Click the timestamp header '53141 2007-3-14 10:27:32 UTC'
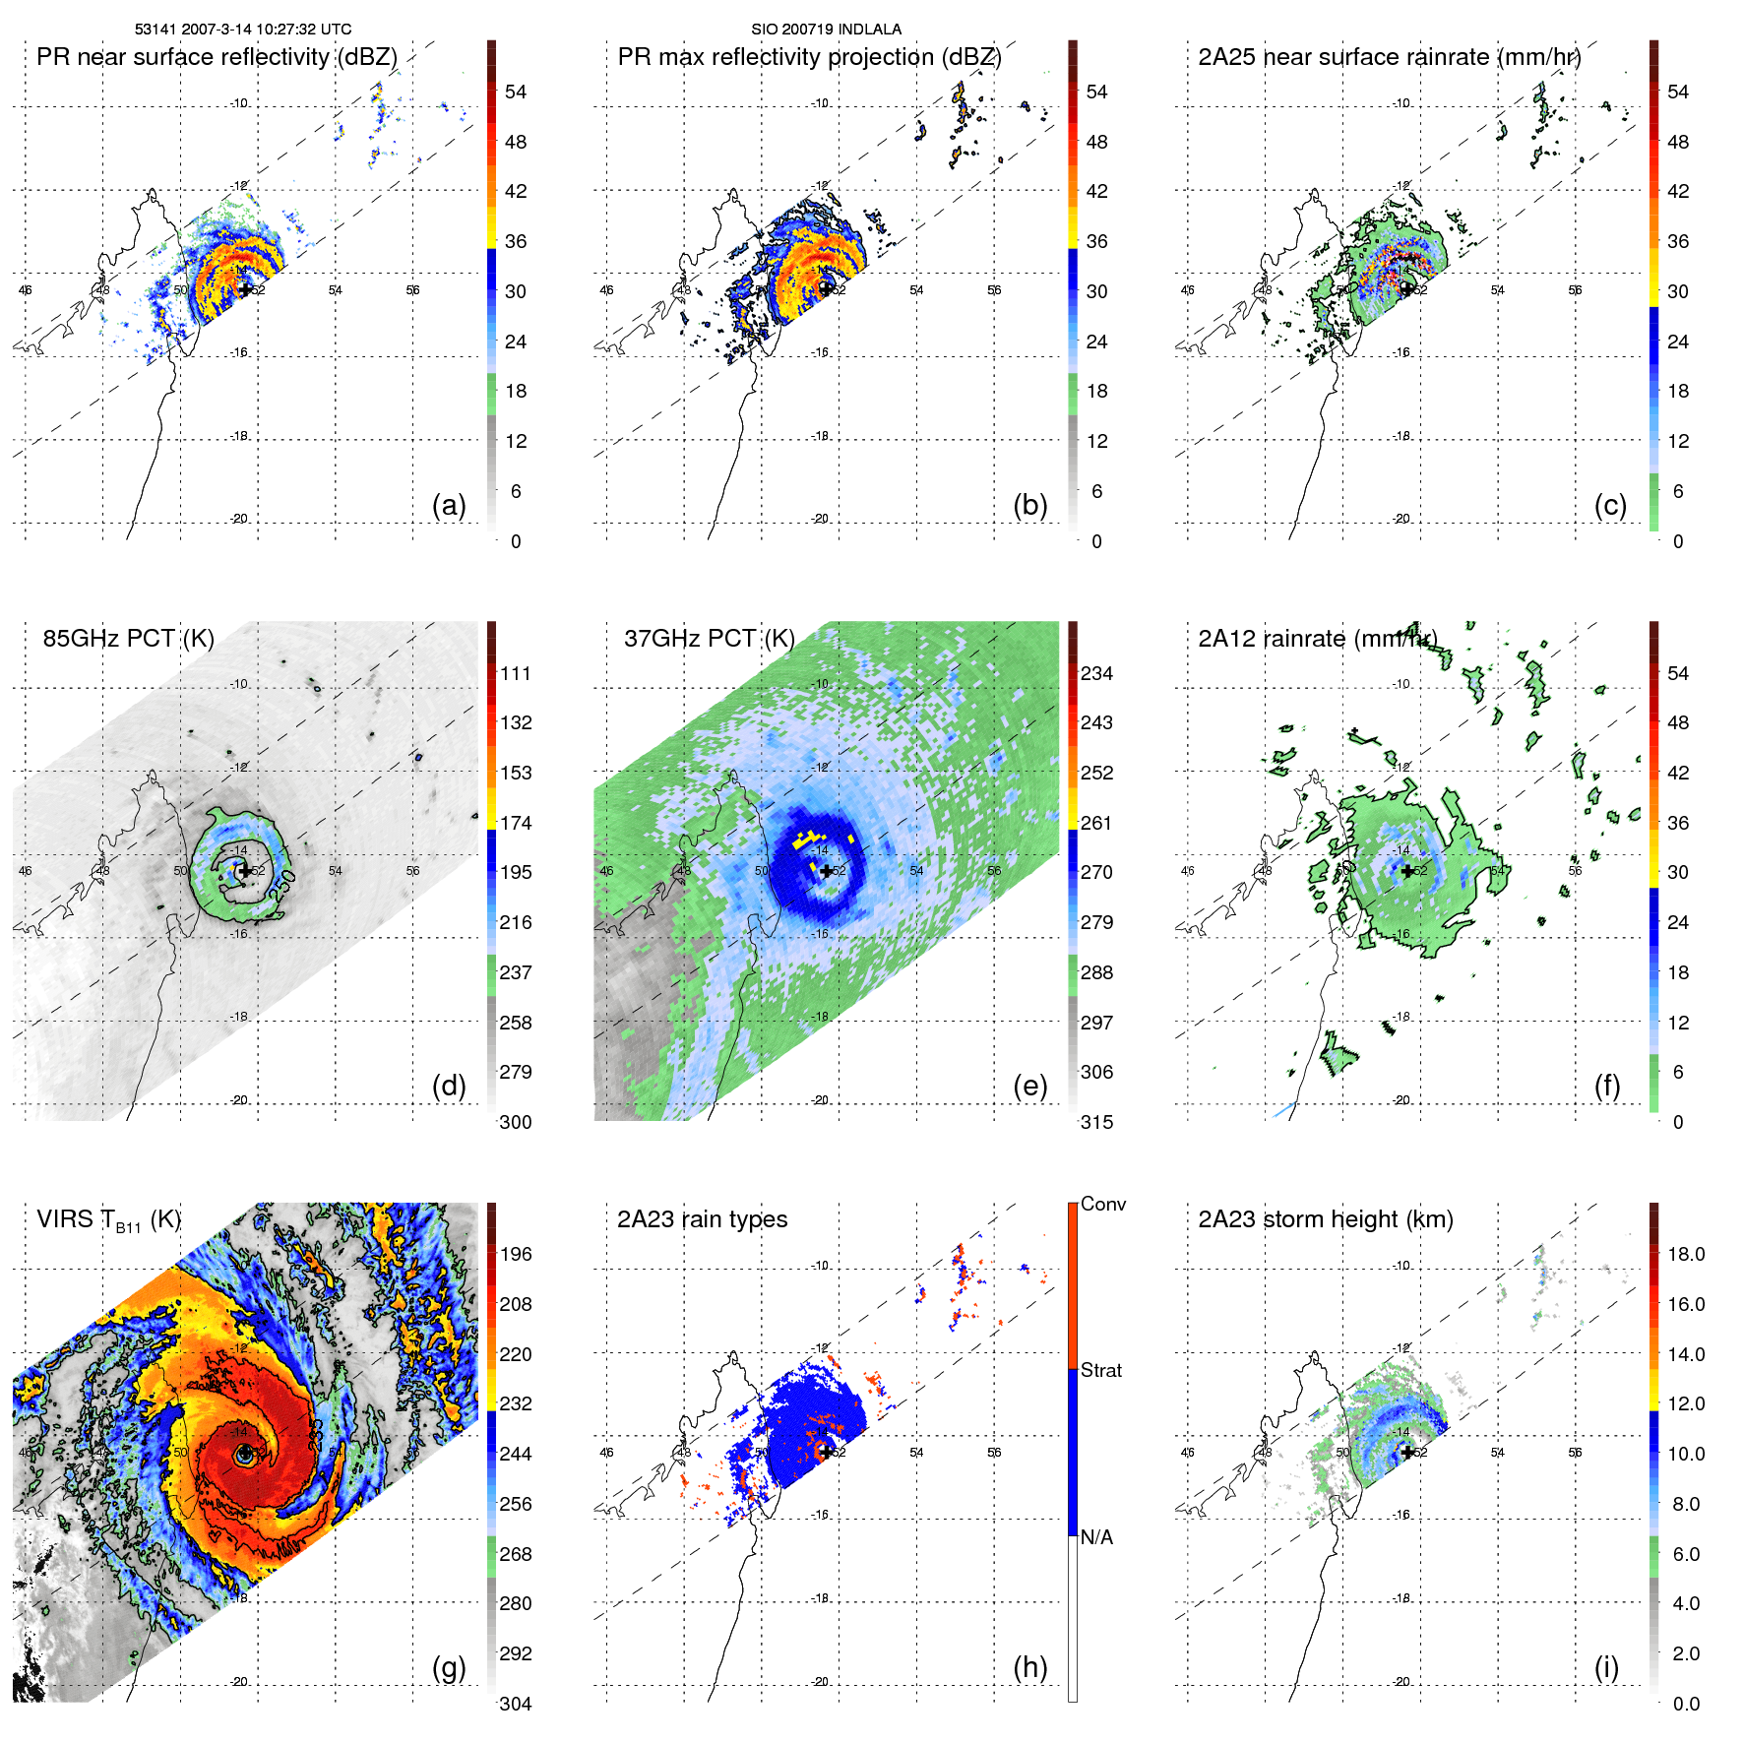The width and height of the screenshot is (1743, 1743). pyautogui.click(x=242, y=30)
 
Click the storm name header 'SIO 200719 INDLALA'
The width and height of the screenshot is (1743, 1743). pyautogui.click(x=826, y=30)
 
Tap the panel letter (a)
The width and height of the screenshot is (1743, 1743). pyautogui.click(x=449, y=505)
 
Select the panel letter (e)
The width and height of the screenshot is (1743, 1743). pyautogui.click(x=1029, y=1086)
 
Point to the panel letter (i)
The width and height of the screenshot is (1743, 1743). pyautogui.click(x=1606, y=1667)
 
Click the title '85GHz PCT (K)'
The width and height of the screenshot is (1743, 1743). pyautogui.click(x=128, y=639)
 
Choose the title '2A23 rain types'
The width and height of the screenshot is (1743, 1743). pyautogui.click(x=702, y=1219)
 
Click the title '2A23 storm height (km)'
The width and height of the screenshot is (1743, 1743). pyautogui.click(x=1325, y=1219)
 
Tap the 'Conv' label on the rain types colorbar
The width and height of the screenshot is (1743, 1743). pyautogui.click(x=1102, y=1205)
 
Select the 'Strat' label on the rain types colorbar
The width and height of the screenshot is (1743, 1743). pyautogui.click(x=1100, y=1371)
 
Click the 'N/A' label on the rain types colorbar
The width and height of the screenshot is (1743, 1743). pyautogui.click(x=1096, y=1537)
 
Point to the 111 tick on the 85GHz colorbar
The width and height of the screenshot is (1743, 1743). pyautogui.click(x=516, y=674)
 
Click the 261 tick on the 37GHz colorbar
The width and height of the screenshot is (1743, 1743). pyautogui.click(x=1096, y=823)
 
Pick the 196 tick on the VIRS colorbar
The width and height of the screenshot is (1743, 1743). pyautogui.click(x=516, y=1255)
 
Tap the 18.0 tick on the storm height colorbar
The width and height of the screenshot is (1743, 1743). pyautogui.click(x=1685, y=1255)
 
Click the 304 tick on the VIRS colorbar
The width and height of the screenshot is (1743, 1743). pyautogui.click(x=516, y=1704)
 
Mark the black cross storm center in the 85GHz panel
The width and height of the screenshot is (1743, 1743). pyautogui.click(x=244, y=871)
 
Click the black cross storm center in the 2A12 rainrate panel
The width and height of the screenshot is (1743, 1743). pyautogui.click(x=1407, y=871)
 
